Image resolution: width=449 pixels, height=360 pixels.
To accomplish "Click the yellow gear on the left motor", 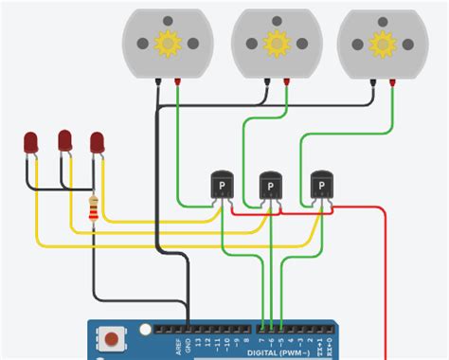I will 169,43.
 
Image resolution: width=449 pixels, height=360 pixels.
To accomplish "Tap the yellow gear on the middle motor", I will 276,43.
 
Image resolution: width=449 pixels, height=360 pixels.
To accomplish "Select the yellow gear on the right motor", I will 382,43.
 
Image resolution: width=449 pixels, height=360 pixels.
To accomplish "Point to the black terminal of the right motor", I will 371,83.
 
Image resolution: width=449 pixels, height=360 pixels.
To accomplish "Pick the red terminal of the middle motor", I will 286,83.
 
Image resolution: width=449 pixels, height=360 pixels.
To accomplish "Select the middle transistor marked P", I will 271,185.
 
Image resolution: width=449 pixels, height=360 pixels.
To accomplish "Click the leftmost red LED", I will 31,144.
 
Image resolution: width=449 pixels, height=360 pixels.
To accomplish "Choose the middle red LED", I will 64,141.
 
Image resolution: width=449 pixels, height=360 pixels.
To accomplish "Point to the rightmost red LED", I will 97,142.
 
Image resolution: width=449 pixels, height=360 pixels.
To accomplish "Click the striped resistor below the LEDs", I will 93,209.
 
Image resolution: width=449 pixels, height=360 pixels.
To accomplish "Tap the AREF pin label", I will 176,343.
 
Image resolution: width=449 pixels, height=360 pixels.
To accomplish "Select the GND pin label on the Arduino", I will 188,344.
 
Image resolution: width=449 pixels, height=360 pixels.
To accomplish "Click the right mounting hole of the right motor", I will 409,43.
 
